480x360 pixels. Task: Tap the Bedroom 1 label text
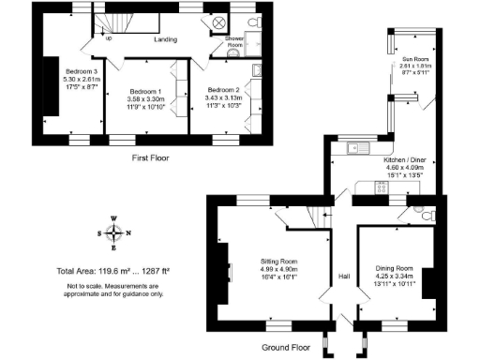pyautogui.click(x=146, y=91)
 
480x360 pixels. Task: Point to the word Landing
pyautogui.click(x=166, y=40)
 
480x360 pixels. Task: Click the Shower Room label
pyautogui.click(x=233, y=42)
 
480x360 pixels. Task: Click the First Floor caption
pyautogui.click(x=151, y=158)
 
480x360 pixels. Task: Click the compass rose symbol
pyautogui.click(x=113, y=234)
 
